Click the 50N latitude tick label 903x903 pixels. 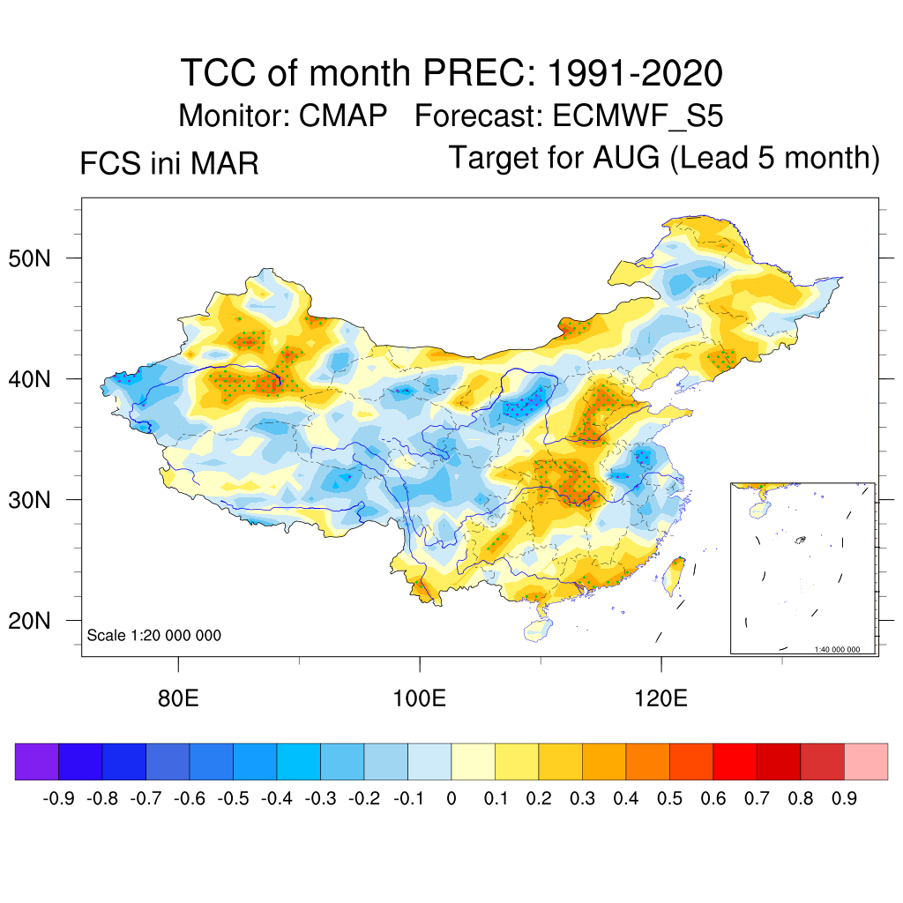(x=40, y=259)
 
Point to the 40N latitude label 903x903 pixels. (x=40, y=380)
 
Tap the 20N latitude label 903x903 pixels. (x=40, y=621)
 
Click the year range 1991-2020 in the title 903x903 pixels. (x=635, y=72)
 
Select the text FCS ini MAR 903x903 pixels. (x=169, y=164)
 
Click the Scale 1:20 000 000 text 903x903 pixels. (x=153, y=636)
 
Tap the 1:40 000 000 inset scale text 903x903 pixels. (x=842, y=649)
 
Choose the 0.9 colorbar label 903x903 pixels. (x=844, y=799)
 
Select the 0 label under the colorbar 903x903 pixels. (x=451, y=799)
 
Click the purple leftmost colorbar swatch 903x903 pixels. (x=37, y=762)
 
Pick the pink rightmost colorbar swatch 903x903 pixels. (x=866, y=762)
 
